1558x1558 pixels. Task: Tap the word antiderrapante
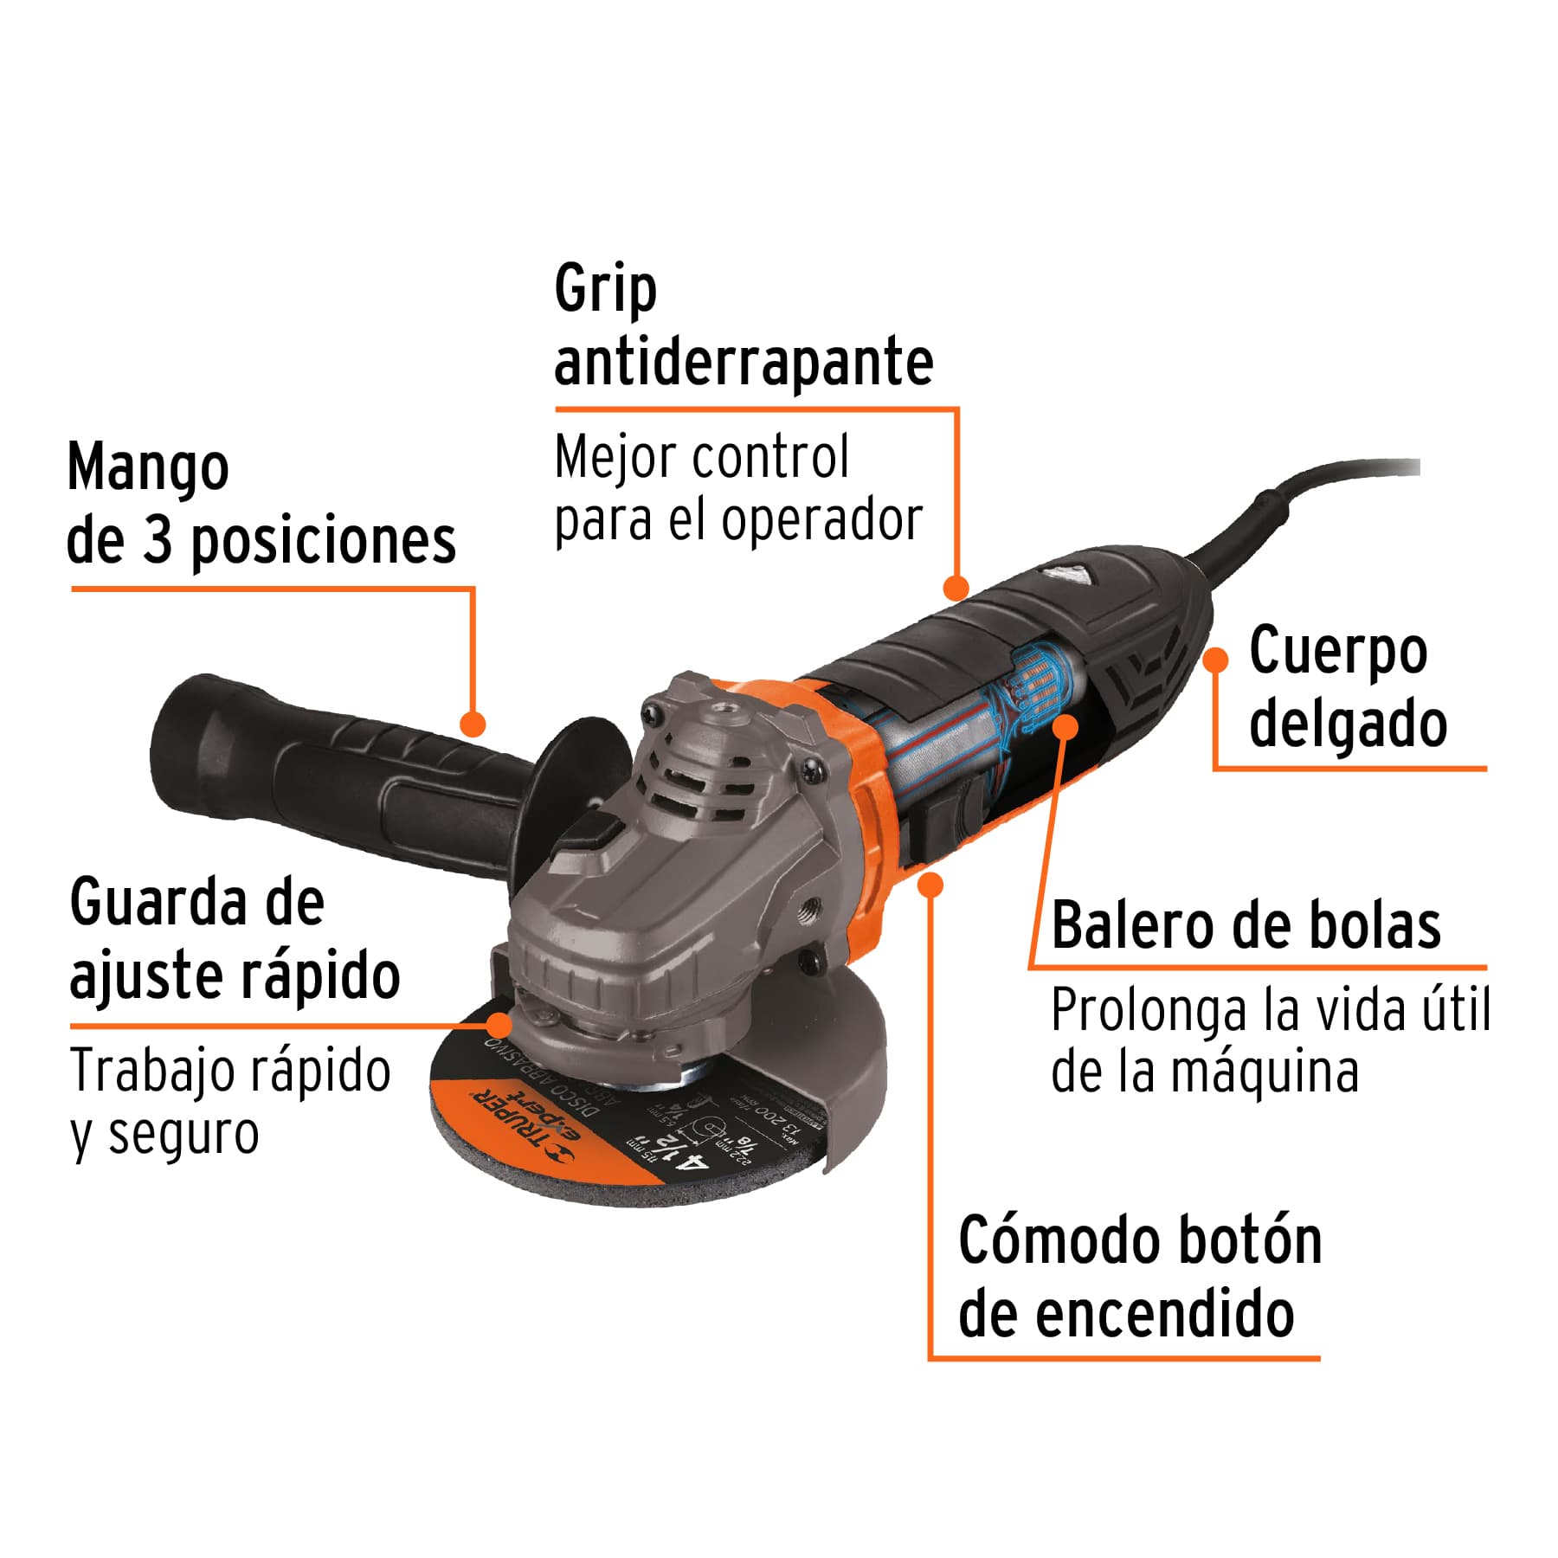[744, 362]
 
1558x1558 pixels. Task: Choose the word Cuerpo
[1337, 651]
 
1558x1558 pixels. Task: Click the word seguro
[183, 1135]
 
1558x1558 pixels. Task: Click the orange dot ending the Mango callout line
[472, 724]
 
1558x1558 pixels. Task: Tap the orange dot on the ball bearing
[1065, 726]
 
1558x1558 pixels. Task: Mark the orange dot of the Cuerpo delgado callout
[1216, 660]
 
